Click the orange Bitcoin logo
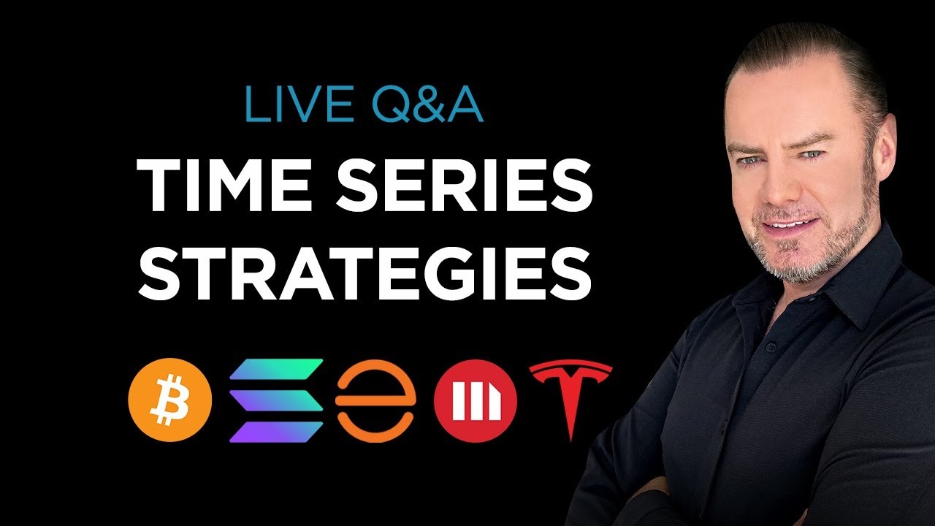point(170,400)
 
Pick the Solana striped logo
point(276,400)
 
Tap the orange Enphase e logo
point(375,401)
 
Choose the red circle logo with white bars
point(476,401)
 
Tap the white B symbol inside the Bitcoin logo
point(170,400)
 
